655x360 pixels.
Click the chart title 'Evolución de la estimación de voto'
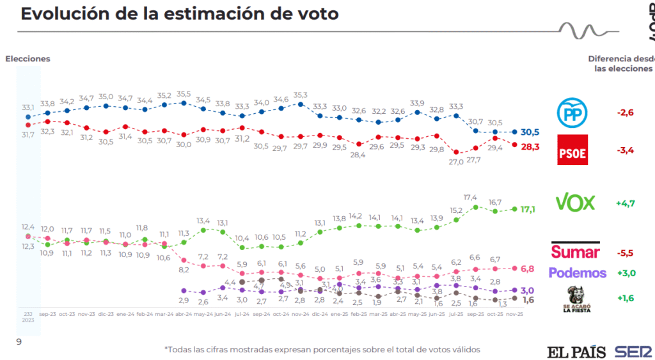[180, 13]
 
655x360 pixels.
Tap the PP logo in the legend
[572, 113]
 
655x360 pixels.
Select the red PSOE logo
[572, 150]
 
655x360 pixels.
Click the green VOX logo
[575, 203]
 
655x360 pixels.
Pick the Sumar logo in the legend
[575, 251]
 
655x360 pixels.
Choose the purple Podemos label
[578, 273]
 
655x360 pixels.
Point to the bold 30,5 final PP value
[530, 132]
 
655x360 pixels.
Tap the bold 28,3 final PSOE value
[530, 146]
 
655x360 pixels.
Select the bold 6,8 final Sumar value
[528, 268]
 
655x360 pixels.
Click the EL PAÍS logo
[576, 351]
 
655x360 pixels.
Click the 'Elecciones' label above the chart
[28, 59]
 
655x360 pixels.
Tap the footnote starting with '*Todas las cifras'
[322, 349]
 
